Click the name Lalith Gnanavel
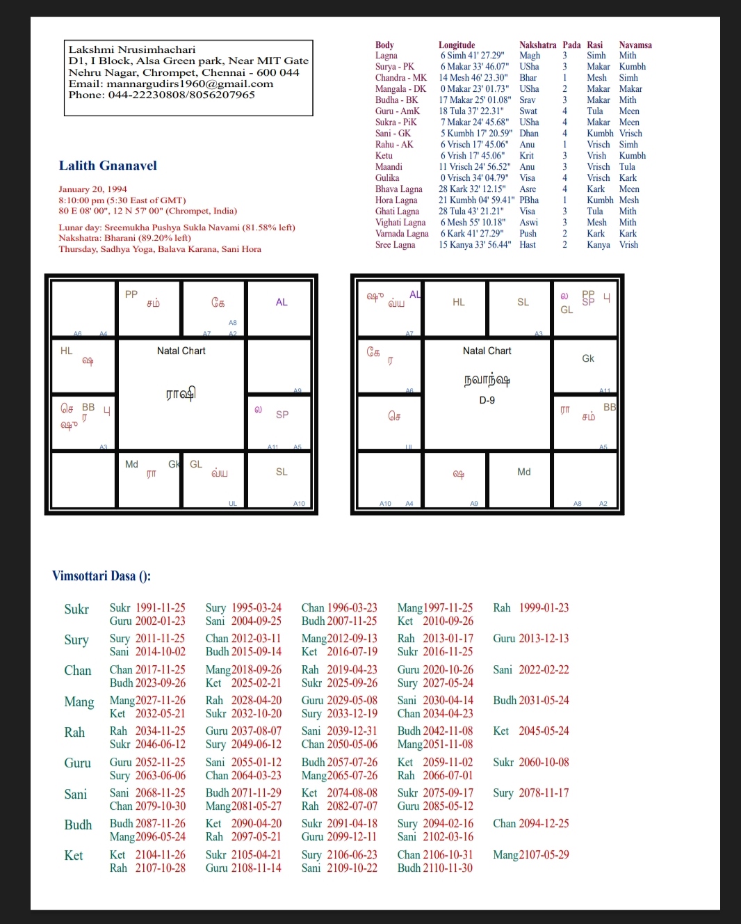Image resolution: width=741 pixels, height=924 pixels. pyautogui.click(x=108, y=166)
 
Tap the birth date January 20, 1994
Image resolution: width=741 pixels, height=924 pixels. pyautogui.click(x=92, y=189)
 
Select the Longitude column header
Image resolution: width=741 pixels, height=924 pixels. pyautogui.click(x=457, y=45)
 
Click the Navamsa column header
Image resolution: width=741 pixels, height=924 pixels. pyautogui.click(x=635, y=45)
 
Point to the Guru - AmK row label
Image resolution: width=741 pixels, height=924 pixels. pyautogui.click(x=398, y=111)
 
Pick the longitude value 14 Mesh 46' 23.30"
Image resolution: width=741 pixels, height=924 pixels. pyautogui.click(x=473, y=78)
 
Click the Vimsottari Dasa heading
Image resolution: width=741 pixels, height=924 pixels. pyautogui.click(x=101, y=576)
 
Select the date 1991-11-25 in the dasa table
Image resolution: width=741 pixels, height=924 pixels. pyautogui.click(x=161, y=608)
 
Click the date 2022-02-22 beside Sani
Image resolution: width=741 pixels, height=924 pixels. pyautogui.click(x=544, y=670)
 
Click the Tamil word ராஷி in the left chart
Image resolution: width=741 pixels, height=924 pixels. pyautogui.click(x=181, y=394)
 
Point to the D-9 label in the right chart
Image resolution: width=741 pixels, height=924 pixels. pyautogui.click(x=487, y=401)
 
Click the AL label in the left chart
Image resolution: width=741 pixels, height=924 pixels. pyautogui.click(x=282, y=302)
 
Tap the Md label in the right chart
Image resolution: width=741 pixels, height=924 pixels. pyautogui.click(x=524, y=472)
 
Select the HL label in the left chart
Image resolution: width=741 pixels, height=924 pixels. pyautogui.click(x=67, y=351)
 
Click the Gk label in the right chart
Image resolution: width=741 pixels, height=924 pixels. pyautogui.click(x=588, y=358)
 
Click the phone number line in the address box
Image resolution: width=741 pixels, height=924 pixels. pyautogui.click(x=161, y=95)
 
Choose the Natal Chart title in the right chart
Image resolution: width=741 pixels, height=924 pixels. pyautogui.click(x=487, y=351)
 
